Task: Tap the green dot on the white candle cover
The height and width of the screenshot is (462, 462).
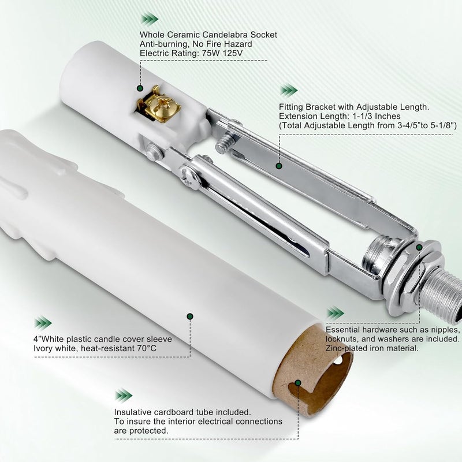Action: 190,316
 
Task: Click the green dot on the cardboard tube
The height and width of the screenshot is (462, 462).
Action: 298,383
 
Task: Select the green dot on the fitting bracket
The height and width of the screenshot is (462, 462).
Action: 279,166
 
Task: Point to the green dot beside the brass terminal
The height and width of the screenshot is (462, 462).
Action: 140,88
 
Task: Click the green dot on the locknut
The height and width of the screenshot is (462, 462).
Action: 419,248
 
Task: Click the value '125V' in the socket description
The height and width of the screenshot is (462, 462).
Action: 233,53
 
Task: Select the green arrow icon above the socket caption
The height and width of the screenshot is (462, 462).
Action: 150,19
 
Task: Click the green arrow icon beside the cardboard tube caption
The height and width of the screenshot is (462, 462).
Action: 124,396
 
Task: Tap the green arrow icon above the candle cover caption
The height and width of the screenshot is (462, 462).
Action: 43,323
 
